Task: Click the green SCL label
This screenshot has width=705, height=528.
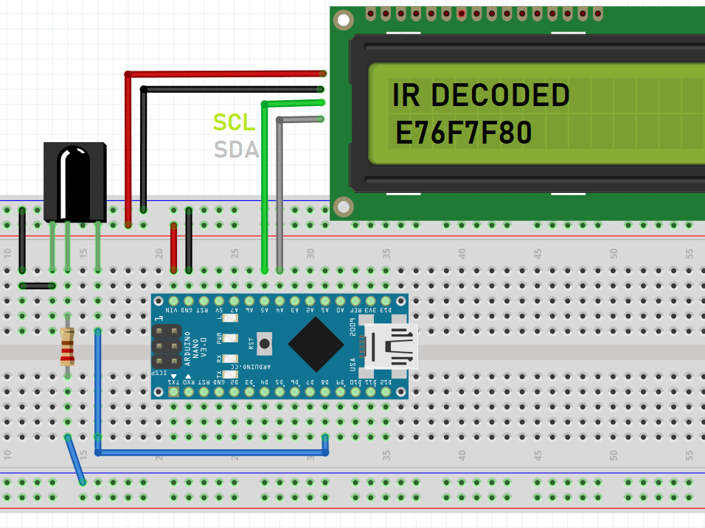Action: pos(234,122)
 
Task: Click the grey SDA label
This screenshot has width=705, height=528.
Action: pos(236,150)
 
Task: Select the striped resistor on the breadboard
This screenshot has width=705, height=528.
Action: pos(68,348)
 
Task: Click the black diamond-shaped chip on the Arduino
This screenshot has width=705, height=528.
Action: pos(316,345)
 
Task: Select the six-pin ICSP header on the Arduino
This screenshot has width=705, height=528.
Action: pos(166,346)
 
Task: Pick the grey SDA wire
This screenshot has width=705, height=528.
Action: pos(279,191)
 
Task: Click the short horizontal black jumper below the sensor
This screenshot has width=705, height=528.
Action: pos(37,286)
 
